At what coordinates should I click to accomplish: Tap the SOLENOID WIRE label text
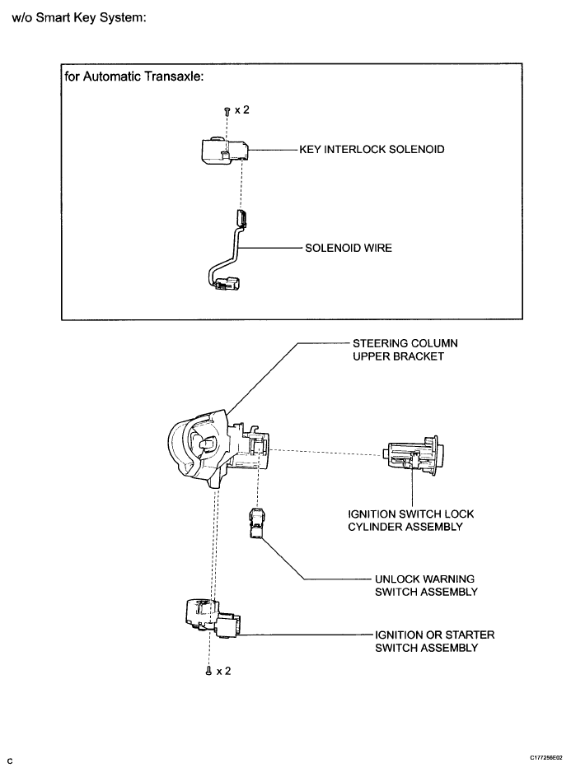click(x=345, y=246)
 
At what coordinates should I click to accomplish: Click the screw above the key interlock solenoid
click(x=226, y=111)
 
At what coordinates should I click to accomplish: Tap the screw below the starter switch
click(x=208, y=672)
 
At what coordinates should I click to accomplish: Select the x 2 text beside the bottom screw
click(x=223, y=672)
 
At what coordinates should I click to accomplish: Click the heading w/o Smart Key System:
click(x=79, y=17)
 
